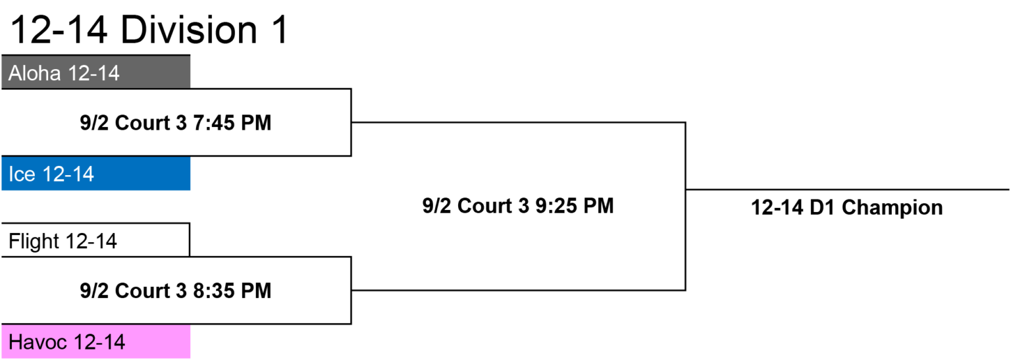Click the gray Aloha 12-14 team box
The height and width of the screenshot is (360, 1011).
pos(95,72)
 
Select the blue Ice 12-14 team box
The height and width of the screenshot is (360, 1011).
pos(95,173)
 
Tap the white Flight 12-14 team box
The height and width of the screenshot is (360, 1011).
pos(95,240)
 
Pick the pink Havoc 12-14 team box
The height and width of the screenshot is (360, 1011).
pos(95,342)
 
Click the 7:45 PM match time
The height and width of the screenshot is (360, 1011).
pos(232,122)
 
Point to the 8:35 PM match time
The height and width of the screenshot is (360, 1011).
pos(232,290)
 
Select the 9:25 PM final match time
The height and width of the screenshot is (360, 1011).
pos(575,206)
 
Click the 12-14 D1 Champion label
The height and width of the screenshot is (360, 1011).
pos(846,207)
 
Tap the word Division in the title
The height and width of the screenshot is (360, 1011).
pos(189,30)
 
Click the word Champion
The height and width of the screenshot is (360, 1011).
pos(893,208)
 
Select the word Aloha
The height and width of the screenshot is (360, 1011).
pos(35,73)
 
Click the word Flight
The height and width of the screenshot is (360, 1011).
pos(34,242)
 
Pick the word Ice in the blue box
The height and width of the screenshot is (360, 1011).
pos(22,174)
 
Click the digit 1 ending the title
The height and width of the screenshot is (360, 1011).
pos(280,30)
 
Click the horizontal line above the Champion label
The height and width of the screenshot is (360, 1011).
pos(848,190)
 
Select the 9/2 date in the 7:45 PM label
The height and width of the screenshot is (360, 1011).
pos(94,122)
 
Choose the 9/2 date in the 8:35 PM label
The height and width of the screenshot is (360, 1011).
pos(94,290)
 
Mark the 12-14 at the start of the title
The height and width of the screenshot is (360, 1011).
pos(59,30)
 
